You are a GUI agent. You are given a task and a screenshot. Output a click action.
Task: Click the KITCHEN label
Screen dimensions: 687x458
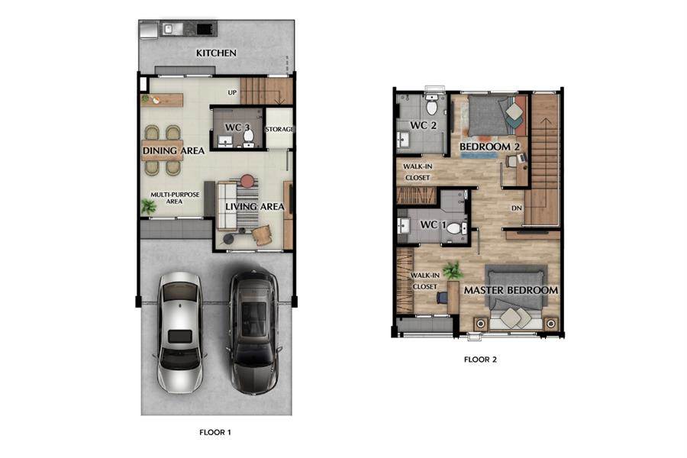[x=216, y=53]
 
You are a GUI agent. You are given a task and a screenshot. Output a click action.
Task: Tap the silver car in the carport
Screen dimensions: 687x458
[x=179, y=332]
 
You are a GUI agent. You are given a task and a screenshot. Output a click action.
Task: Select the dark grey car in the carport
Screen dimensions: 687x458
[x=253, y=332]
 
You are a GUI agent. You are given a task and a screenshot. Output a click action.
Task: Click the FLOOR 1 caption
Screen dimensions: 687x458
[x=215, y=432]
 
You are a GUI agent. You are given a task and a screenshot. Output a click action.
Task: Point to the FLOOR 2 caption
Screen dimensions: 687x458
[x=480, y=360]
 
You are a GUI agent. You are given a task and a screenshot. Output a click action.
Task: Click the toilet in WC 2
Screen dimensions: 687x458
[x=431, y=105]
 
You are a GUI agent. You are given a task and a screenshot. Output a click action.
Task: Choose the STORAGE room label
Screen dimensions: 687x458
[x=279, y=129]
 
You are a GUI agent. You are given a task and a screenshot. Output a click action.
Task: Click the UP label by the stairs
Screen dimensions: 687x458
[x=232, y=92]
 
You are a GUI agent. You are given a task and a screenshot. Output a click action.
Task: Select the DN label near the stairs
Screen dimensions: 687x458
[x=517, y=208]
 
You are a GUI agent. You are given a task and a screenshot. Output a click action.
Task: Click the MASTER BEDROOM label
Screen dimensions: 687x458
[x=511, y=290]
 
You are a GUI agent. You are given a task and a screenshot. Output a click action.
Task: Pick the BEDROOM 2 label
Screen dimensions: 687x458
[x=489, y=147]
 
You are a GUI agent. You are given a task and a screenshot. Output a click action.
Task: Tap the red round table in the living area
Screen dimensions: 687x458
[x=247, y=181]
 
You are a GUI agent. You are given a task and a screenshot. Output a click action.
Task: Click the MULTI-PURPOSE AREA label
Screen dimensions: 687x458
[x=174, y=198]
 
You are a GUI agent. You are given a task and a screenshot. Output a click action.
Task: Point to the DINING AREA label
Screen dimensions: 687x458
[x=173, y=151]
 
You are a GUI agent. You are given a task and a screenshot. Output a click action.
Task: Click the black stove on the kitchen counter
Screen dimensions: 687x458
[x=206, y=29]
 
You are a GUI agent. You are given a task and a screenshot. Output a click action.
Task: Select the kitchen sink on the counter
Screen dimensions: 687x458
[x=168, y=29]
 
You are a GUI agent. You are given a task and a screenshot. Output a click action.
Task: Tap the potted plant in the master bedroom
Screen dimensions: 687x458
[x=453, y=270]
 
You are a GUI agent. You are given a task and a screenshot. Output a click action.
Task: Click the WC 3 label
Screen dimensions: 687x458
[x=237, y=127]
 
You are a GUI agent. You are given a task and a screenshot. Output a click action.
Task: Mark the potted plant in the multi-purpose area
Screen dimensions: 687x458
[x=149, y=206]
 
